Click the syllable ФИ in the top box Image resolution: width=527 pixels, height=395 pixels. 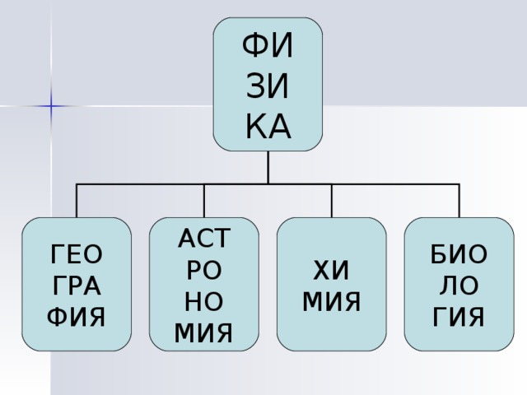(268, 46)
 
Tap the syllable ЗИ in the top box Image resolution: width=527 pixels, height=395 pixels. (268, 86)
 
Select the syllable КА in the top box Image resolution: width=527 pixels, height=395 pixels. (268, 127)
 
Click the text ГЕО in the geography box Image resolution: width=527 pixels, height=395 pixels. (77, 254)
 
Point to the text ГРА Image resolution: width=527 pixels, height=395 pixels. (77, 286)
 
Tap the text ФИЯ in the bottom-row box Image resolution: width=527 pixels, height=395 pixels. (77, 317)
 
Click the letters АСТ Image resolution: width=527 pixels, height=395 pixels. (204, 238)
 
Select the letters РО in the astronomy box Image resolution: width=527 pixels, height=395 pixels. (204, 270)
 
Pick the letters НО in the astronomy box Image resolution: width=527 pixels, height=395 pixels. (204, 301)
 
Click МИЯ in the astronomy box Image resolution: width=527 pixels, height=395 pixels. (203, 332)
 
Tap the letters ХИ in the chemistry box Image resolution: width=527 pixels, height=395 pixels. (331, 270)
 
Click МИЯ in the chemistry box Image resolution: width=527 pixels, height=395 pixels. (331, 301)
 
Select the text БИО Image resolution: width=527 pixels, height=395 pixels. (459, 254)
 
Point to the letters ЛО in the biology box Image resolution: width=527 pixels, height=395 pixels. (459, 286)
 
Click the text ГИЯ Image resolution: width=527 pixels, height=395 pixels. (459, 317)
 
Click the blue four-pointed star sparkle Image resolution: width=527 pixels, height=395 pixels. (51, 106)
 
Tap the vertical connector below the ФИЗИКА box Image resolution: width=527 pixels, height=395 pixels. (268, 167)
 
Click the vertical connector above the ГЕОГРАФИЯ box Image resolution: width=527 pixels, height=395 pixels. (77, 201)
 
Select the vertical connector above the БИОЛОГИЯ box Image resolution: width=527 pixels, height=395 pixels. (459, 201)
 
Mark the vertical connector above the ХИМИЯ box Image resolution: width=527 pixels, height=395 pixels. (332, 201)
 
